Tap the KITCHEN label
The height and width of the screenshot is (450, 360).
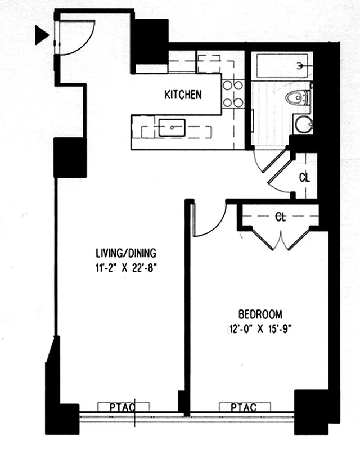coord(183,94)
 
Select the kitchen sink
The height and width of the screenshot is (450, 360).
coord(172,128)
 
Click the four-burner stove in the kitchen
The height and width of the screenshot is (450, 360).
coord(233,94)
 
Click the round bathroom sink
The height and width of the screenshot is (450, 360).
coord(302,123)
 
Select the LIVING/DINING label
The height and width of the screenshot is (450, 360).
coord(125,253)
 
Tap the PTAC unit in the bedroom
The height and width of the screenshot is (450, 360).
coord(243,407)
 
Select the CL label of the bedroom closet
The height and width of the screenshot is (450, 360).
coord(281,216)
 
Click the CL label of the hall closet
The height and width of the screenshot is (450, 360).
coord(304,178)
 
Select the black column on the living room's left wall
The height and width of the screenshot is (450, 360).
coord(70,157)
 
